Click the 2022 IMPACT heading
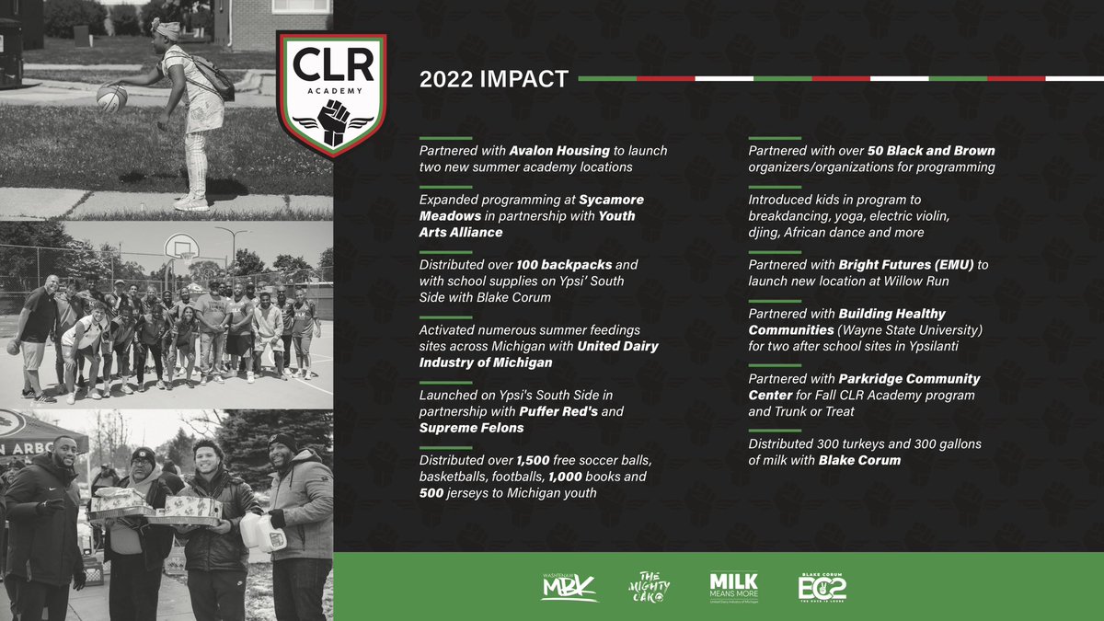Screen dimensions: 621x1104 click(493, 79)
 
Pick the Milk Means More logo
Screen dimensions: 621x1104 click(733, 587)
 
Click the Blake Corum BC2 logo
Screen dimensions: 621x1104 click(822, 587)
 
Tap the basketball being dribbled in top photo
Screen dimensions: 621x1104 click(111, 98)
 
